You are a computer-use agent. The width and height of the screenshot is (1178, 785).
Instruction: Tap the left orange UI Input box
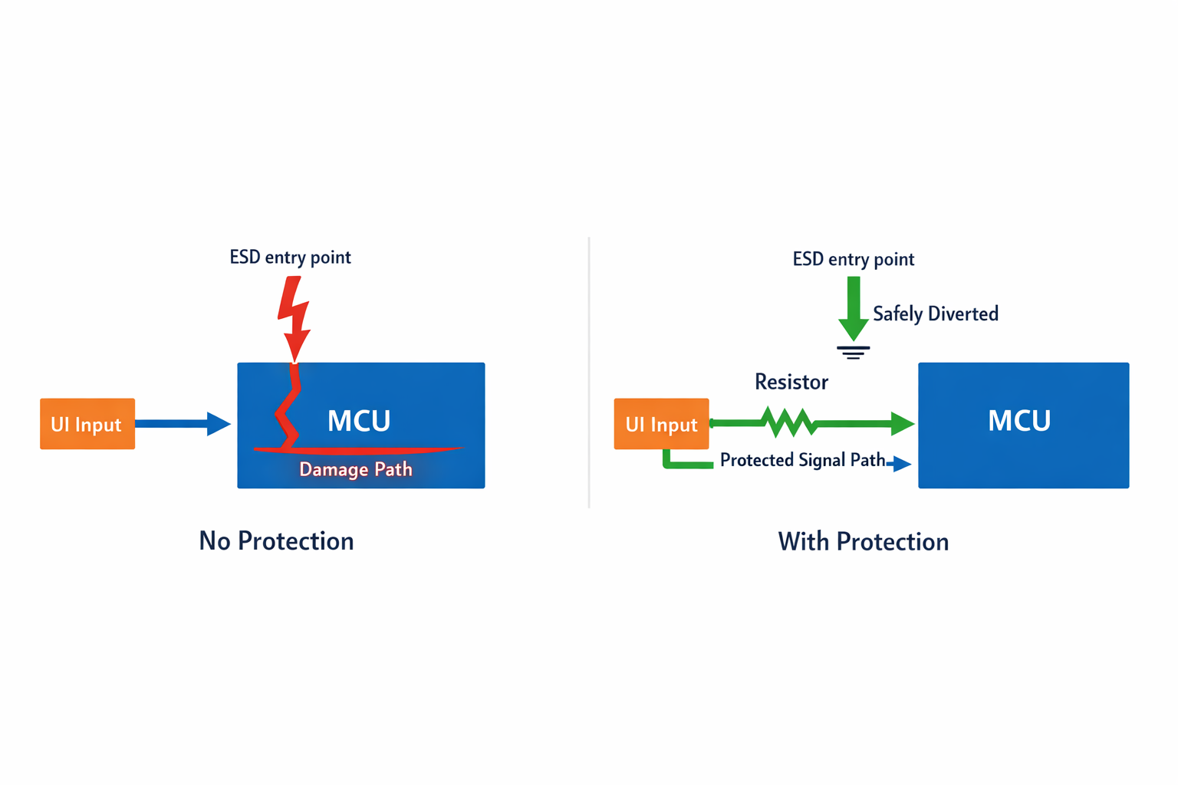(87, 424)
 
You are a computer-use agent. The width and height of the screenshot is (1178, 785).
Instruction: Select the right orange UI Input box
(661, 424)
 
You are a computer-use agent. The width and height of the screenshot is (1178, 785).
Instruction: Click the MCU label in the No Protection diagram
(359, 421)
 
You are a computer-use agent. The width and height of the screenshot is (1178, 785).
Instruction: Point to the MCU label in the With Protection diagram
(1018, 421)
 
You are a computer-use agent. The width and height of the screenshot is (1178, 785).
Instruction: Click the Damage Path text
(356, 469)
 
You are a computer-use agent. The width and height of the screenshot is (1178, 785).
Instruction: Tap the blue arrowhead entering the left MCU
(219, 423)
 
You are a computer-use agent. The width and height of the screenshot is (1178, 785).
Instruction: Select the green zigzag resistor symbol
(788, 422)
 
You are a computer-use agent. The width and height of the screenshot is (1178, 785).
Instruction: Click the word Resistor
(791, 382)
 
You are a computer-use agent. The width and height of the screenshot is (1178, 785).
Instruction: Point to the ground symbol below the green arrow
(853, 353)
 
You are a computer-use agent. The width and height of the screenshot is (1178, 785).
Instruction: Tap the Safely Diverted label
(936, 314)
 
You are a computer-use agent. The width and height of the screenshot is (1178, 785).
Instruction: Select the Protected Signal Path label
(802, 460)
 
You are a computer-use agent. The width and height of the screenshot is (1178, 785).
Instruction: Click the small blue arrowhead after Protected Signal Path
(901, 463)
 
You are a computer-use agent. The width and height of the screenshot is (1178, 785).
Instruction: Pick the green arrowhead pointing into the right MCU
(903, 423)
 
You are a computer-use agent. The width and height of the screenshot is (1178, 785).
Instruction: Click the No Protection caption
(276, 541)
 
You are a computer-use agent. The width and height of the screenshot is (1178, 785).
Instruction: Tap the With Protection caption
(864, 542)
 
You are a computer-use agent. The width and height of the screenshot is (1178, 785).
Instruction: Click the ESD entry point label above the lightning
(290, 257)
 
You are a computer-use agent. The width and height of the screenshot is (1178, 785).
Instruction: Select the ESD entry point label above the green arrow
(853, 259)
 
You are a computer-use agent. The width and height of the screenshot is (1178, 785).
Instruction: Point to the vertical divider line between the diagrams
(589, 373)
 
